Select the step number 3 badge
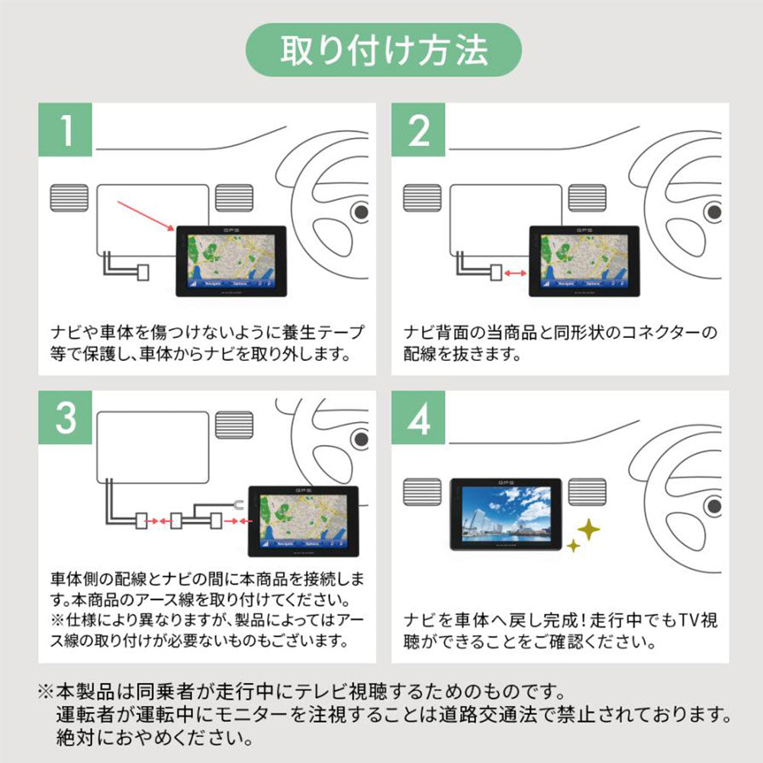66,418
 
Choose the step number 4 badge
419,418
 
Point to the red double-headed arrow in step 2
517,271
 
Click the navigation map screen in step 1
230,259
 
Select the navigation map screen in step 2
583,259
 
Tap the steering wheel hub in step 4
713,504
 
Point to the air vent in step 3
233,423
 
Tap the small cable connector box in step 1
141,272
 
